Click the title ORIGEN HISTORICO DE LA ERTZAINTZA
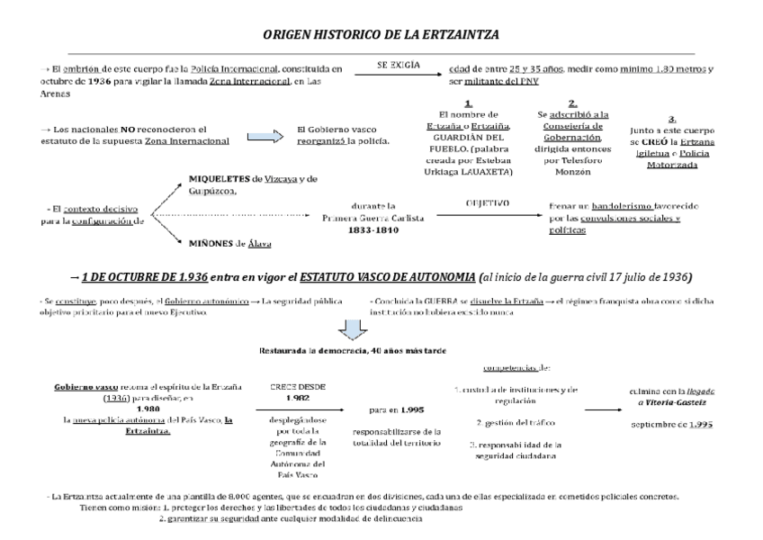pos(381,33)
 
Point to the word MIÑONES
pos(211,243)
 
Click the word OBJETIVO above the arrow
pos(488,203)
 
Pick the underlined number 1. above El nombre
pos(468,103)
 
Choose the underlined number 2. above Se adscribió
pos(573,103)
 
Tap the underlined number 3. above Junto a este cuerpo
pos(672,119)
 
